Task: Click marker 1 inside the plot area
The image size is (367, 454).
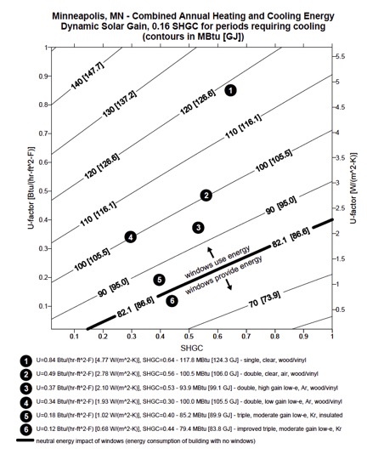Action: [230, 91]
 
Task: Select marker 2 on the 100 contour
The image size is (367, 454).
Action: [206, 196]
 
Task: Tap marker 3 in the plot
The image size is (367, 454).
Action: [198, 228]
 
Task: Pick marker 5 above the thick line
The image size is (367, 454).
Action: [159, 280]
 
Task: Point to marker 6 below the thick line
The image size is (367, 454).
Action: [172, 301]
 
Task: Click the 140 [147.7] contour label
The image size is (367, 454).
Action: [88, 76]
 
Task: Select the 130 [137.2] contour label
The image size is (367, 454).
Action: [120, 104]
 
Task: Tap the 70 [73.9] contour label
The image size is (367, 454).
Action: [264, 299]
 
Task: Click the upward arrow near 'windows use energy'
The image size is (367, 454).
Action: [211, 253]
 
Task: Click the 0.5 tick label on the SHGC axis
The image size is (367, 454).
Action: [189, 337]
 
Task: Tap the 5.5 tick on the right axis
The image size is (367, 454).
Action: [341, 56]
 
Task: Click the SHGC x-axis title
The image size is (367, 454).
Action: [192, 348]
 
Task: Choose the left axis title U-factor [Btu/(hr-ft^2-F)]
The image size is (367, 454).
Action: [31, 188]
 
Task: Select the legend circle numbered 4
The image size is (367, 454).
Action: [26, 402]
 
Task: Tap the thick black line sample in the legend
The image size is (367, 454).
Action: [25, 440]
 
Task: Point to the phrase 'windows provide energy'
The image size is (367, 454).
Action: [223, 275]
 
